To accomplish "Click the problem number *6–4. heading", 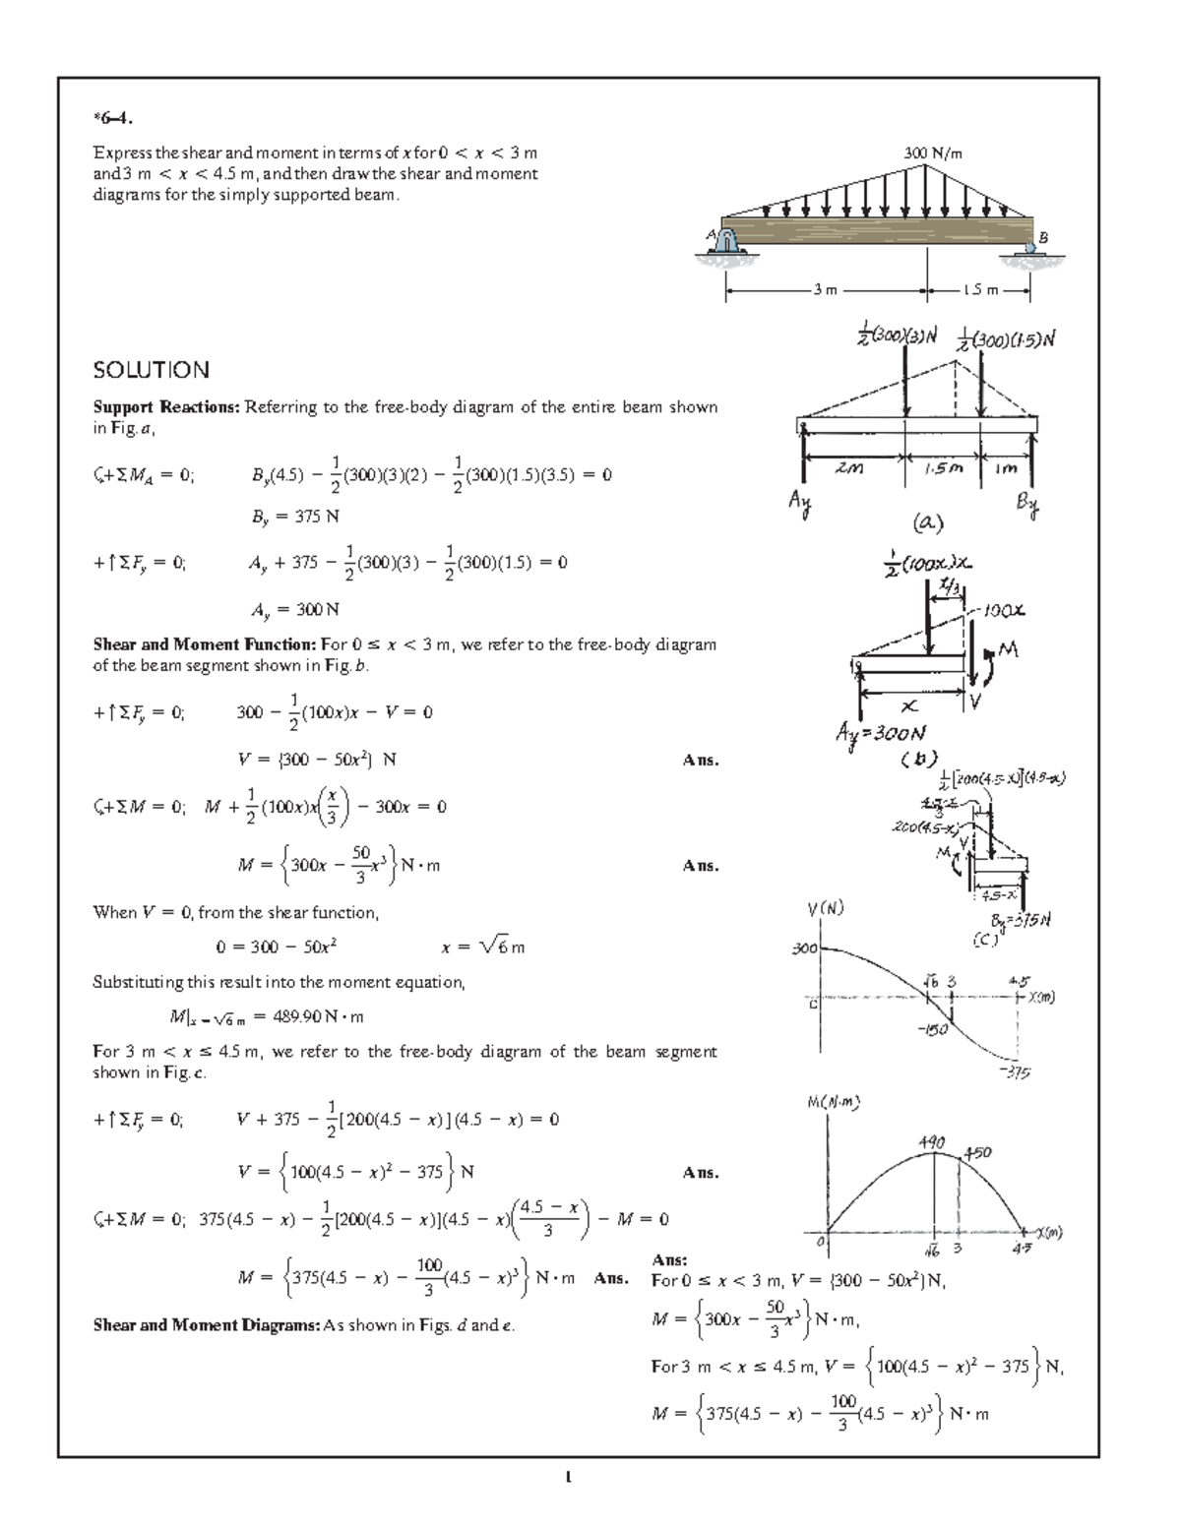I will [x=111, y=120].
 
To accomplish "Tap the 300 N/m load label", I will [x=933, y=153].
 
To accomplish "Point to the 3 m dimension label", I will [x=825, y=290].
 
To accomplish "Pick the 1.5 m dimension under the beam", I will [x=980, y=290].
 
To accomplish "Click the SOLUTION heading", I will [x=151, y=370].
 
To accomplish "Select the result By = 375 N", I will [x=295, y=516].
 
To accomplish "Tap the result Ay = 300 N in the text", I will [x=294, y=609].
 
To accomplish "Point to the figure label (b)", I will [x=912, y=759].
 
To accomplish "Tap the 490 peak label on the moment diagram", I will [x=931, y=1142].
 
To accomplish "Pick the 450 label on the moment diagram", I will [x=977, y=1152].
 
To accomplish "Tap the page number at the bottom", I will [x=568, y=1476].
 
